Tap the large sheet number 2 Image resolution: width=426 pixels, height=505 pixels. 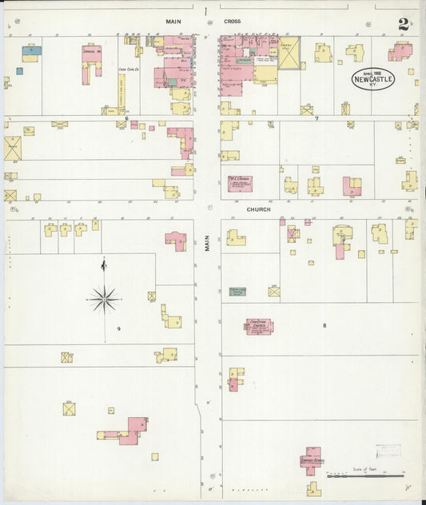tap(404, 25)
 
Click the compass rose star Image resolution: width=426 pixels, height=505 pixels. tap(103, 299)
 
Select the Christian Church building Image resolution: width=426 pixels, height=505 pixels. tap(259, 326)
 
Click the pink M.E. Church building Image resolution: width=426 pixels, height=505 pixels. tap(241, 183)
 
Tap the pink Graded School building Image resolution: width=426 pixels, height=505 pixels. tap(311, 459)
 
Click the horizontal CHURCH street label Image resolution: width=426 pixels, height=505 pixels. tap(258, 209)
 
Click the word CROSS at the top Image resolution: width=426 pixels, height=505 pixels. tap(233, 22)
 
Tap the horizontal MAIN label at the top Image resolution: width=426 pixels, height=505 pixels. tap(173, 22)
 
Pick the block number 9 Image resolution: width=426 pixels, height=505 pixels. tap(118, 328)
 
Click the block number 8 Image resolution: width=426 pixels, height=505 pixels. tap(324, 325)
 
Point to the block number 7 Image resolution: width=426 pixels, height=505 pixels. tap(317, 118)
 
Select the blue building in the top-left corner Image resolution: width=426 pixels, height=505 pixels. tap(31, 50)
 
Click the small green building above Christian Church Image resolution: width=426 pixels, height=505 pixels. tap(238, 292)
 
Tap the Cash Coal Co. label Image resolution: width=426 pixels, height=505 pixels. tap(129, 70)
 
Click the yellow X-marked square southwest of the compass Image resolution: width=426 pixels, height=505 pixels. tap(69, 408)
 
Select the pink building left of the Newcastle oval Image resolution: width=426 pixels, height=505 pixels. tap(400, 52)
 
